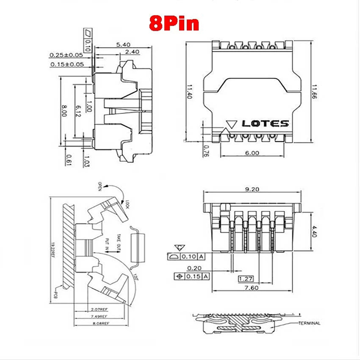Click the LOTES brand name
click(265, 123)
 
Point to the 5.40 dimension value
click(123, 45)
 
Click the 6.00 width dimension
click(252, 153)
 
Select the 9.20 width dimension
click(252, 189)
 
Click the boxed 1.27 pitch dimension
click(245, 278)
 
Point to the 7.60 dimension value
click(252, 288)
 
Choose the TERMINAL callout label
click(308, 323)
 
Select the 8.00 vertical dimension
click(64, 111)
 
